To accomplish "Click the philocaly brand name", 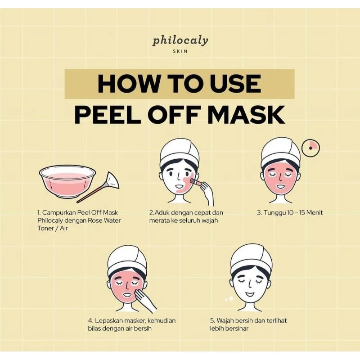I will (180, 40).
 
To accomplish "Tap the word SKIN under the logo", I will (180, 51).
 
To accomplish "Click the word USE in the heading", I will (234, 84).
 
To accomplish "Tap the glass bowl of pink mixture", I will (67, 180).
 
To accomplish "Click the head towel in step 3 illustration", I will (280, 151).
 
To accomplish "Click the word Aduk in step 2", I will (162, 212).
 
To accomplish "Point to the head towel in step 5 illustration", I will (251, 258).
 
